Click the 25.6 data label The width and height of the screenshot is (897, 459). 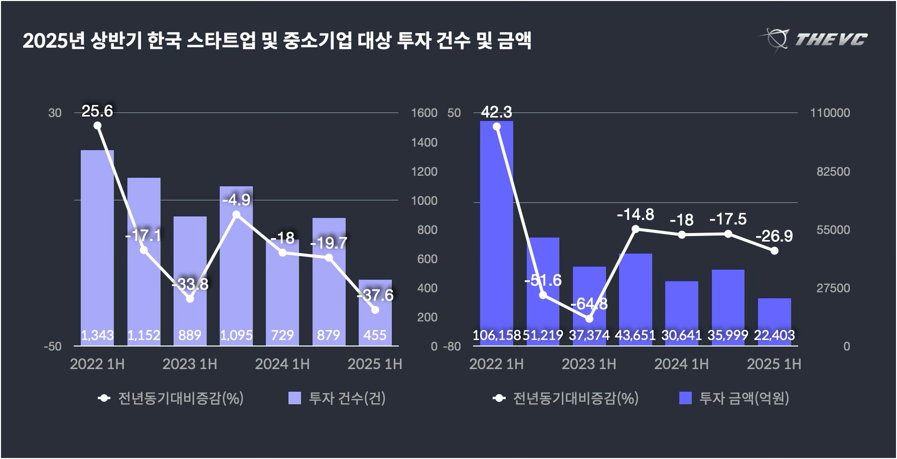pos(97,111)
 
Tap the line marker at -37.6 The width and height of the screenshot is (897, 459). pos(375,310)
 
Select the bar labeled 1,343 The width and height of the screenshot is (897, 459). pos(97,246)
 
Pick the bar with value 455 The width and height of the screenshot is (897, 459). pos(375,311)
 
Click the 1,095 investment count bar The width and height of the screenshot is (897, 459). pos(236,266)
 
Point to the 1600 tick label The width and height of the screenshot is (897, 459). pos(424,113)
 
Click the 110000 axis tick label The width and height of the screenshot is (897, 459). pos(830,113)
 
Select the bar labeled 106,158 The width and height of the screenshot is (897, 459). pos(497,231)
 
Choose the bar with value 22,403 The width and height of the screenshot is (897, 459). pos(774,321)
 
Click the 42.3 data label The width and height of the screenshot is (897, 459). pos(497,112)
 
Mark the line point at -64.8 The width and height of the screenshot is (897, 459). pos(589,319)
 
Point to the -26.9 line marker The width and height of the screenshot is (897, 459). pos(774,251)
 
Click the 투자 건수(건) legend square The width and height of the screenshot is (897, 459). pos(295,398)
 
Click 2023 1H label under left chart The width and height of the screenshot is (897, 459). pos(190,364)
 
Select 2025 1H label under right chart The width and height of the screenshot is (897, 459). pos(774,364)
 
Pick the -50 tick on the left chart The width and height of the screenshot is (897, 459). pos(52,347)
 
